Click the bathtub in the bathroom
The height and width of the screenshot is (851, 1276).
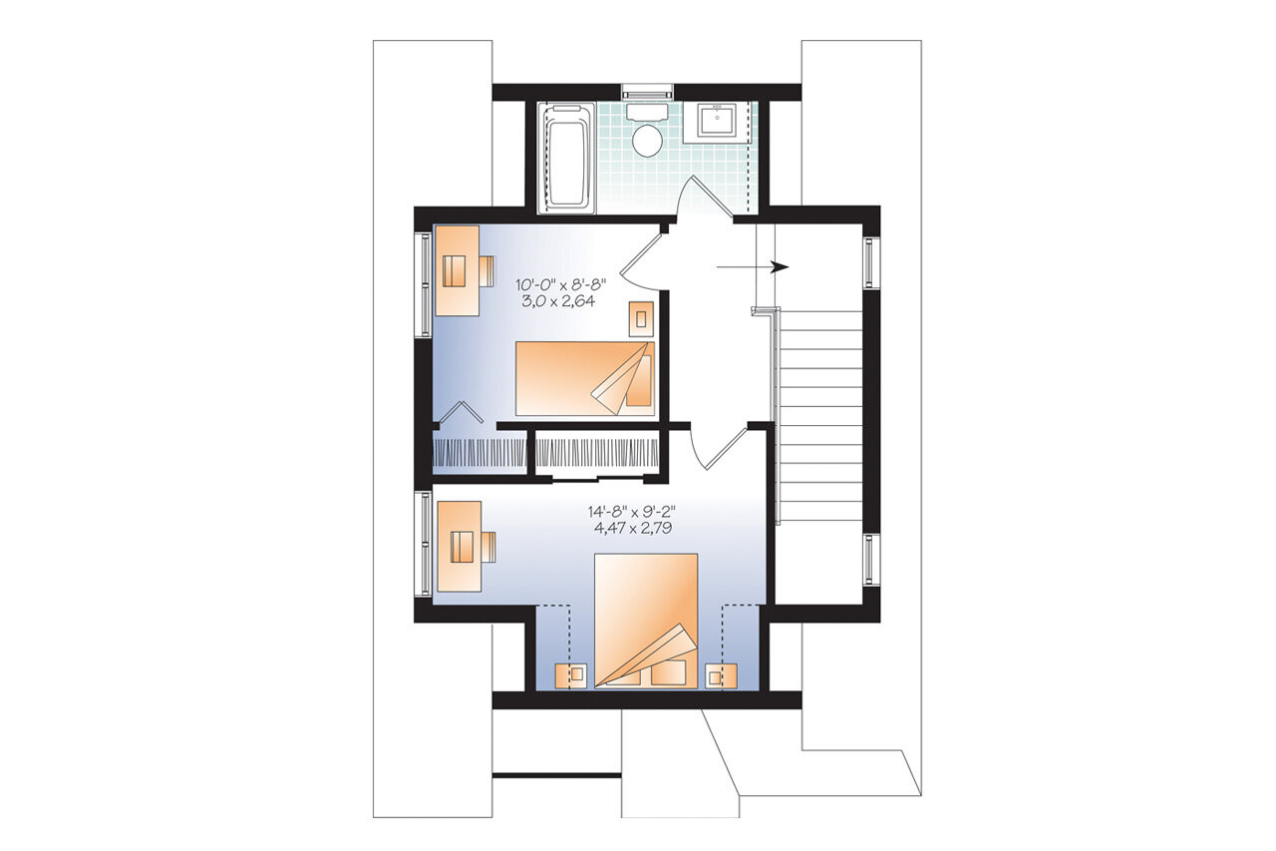coord(566,157)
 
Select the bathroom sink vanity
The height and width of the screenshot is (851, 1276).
coord(719,122)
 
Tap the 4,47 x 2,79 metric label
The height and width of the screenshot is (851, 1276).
coord(631,528)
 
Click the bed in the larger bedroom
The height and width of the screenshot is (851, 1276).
coord(645,621)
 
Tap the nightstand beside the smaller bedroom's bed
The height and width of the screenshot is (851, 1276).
coord(641,317)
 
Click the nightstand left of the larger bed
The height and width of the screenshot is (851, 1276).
coord(575,675)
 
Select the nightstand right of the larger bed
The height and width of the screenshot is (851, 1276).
coord(716,675)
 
